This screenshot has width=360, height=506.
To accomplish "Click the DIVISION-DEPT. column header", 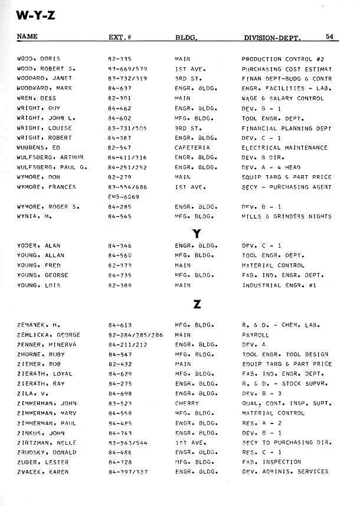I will point(272,38).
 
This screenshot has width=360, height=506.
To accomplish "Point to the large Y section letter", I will point(197,233).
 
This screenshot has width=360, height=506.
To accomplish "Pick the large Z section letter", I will point(197,304).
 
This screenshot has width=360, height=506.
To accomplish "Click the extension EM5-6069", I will point(124,196).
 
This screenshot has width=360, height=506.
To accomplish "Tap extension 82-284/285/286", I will point(135,334).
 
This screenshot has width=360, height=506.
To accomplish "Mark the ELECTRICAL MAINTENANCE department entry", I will point(284,147).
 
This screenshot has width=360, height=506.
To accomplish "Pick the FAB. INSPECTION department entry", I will point(271,462).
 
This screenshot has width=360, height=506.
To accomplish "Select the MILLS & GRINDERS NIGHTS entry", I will point(287,216).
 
